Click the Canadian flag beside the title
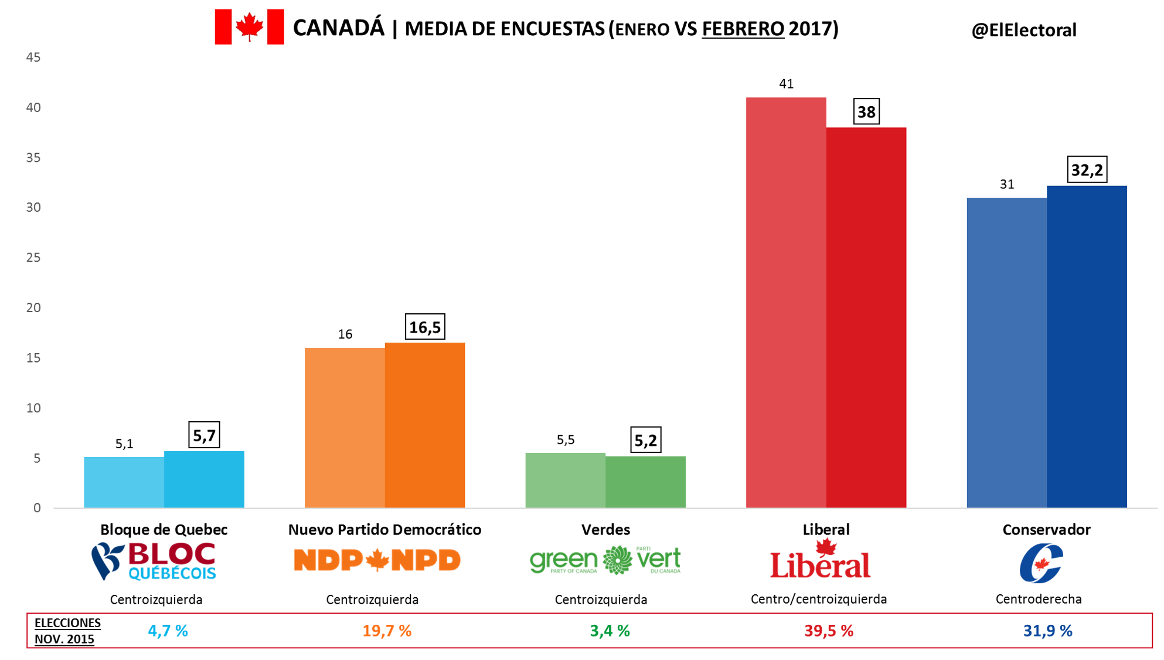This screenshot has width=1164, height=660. (249, 27)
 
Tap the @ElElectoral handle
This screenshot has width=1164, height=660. (1023, 31)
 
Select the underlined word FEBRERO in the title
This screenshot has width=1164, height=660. (743, 29)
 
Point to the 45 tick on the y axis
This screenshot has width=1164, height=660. (33, 57)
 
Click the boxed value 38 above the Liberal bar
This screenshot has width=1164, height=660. (866, 112)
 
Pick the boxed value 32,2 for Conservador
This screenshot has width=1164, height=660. (1087, 170)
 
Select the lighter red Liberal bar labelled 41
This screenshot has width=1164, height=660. (785, 302)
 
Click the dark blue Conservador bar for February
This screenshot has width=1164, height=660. (1087, 346)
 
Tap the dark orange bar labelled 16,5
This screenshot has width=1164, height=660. (425, 425)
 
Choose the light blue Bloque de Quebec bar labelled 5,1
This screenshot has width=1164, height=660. (124, 482)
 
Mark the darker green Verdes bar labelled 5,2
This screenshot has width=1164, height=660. (645, 482)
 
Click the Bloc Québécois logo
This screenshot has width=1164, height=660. (154, 561)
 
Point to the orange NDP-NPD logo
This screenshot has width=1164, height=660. (377, 560)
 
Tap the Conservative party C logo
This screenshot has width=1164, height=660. (1041, 564)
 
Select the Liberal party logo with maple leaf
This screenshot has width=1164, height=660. (820, 560)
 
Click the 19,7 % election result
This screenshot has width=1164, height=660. (387, 631)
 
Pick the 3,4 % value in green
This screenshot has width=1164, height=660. (610, 631)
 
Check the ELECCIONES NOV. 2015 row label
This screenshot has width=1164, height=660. (67, 631)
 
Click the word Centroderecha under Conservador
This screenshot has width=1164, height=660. (1039, 600)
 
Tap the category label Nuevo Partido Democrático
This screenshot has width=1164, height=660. (384, 530)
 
